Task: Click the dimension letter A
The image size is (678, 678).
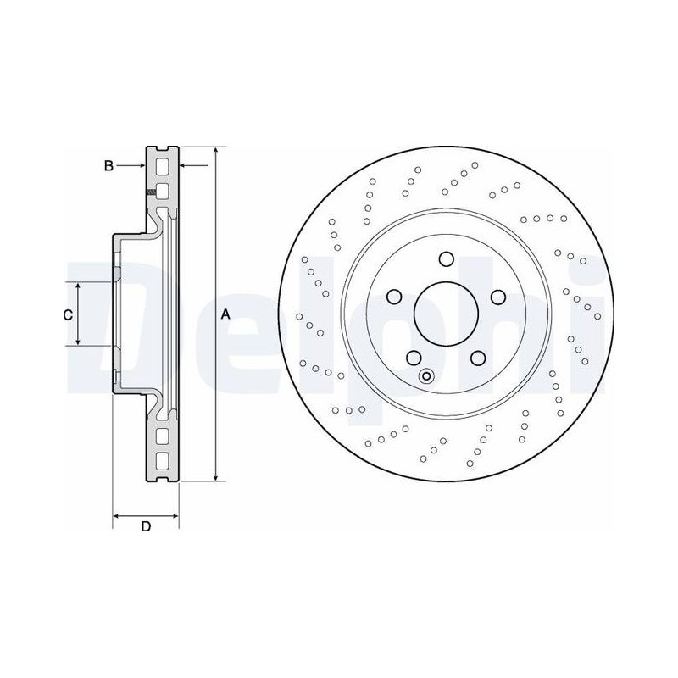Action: [225, 314]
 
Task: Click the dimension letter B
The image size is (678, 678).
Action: [108, 165]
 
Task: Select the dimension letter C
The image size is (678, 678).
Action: [68, 315]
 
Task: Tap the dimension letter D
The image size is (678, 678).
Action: [146, 526]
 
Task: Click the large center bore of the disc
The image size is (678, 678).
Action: [446, 314]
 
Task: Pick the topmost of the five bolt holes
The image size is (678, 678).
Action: [447, 259]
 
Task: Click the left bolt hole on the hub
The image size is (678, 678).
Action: [393, 297]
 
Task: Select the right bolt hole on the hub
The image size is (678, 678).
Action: [498, 297]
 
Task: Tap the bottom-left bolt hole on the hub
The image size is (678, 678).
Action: [414, 358]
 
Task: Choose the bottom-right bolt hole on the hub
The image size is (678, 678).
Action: [478, 358]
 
